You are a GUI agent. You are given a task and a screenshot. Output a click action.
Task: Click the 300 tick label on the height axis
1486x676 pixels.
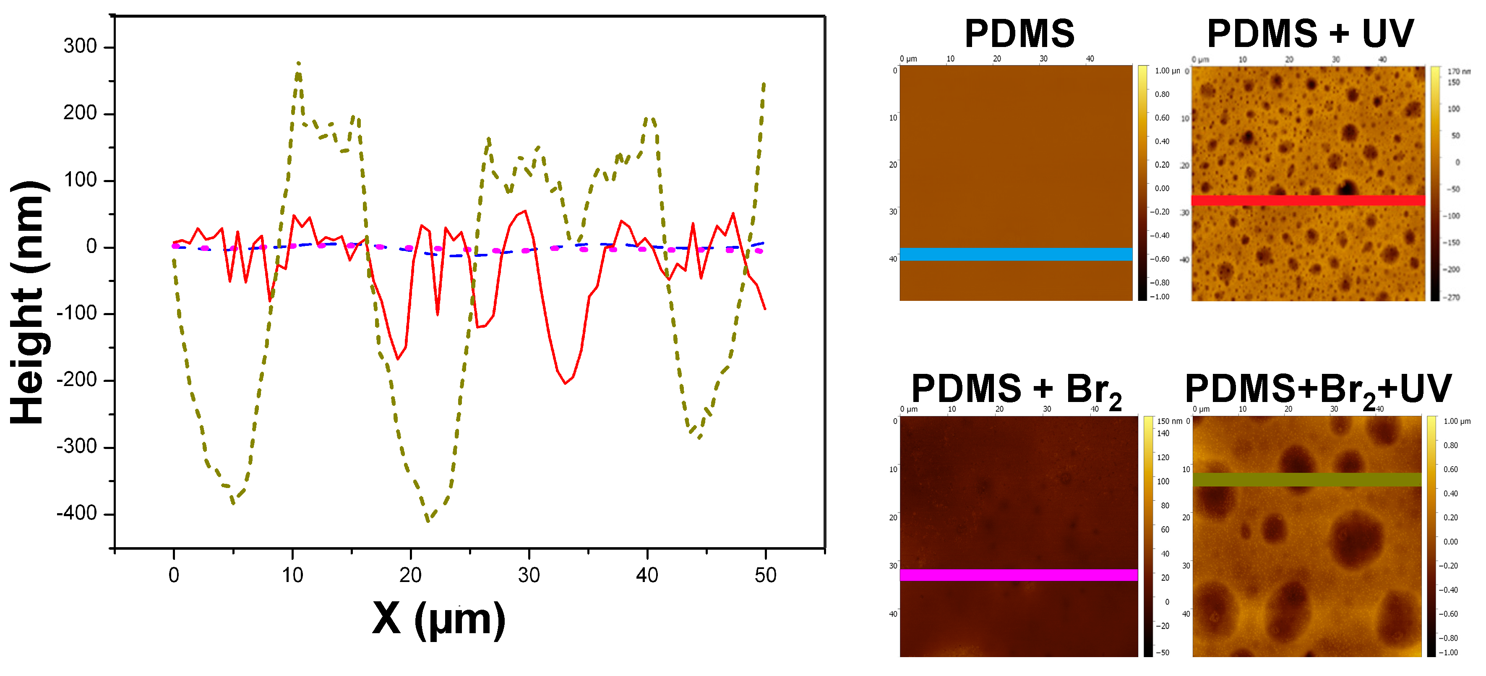coord(80,46)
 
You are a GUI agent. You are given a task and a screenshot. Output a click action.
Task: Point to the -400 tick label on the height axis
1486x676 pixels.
coord(76,513)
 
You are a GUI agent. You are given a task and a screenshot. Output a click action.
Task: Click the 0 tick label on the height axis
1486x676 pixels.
coord(91,247)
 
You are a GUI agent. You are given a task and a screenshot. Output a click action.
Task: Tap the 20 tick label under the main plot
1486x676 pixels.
coord(410,575)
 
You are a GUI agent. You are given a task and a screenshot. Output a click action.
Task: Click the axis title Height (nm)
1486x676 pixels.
coord(27,303)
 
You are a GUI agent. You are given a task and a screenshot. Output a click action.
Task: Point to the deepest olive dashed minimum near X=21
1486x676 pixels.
coord(428,521)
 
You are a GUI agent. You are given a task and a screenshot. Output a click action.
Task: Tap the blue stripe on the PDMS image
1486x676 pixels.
coord(1015,254)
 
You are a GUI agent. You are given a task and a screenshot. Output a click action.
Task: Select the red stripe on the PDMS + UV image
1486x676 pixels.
coord(1308,200)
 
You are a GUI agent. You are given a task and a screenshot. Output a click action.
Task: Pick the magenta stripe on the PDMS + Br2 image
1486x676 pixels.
coord(1018,575)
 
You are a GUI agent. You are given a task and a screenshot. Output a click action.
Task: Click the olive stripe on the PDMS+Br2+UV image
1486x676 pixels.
coord(1306,479)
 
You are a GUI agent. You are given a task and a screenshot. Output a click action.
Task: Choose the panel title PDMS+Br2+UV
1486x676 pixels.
coord(1317,389)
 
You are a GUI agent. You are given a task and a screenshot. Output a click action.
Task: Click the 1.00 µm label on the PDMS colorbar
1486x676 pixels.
coord(1166,71)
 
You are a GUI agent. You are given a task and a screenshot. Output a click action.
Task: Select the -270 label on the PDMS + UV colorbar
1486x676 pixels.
coord(1452,298)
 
